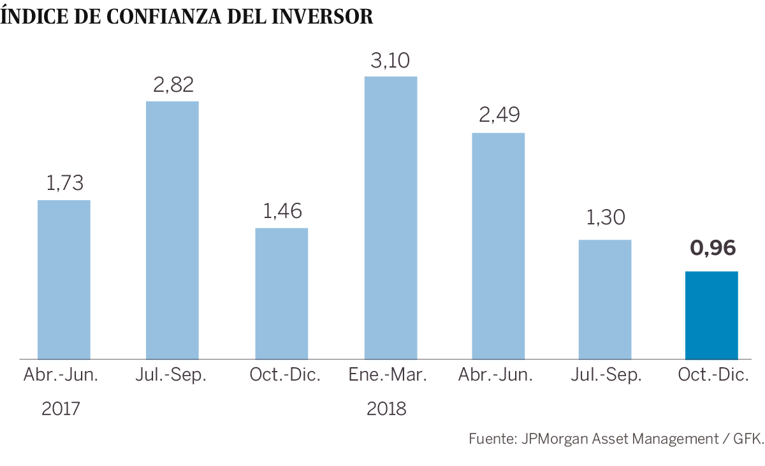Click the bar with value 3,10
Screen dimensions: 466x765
[x=390, y=217]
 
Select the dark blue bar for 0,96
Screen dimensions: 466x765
[x=711, y=315]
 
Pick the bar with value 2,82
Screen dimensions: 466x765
[x=172, y=230]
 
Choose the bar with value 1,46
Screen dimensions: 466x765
[x=281, y=293]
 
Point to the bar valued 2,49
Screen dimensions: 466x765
[x=498, y=245]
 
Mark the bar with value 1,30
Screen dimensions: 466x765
[x=604, y=299]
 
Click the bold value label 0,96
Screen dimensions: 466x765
[x=713, y=247]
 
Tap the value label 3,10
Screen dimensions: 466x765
[x=390, y=61]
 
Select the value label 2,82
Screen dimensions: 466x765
[x=173, y=85]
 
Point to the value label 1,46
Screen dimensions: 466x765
[x=282, y=212]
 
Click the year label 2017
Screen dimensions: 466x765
[x=61, y=409]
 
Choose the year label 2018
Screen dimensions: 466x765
[x=386, y=409]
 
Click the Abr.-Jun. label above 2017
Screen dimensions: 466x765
[x=61, y=375]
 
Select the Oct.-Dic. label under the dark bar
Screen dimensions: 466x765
[x=713, y=375]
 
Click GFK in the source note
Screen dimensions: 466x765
[x=747, y=439]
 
